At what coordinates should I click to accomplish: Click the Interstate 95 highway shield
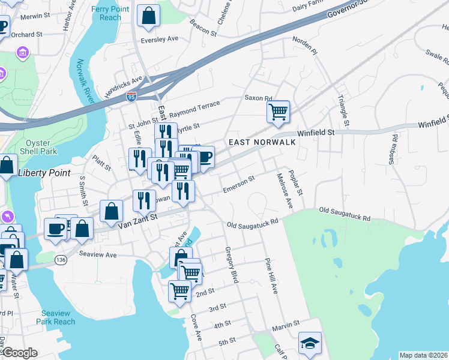[131, 95]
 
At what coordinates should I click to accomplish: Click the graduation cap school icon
[310, 343]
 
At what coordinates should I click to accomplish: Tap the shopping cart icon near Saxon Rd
[278, 112]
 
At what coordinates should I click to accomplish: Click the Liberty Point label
[44, 173]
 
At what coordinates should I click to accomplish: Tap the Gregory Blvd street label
[232, 265]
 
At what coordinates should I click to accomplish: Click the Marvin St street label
[286, 328]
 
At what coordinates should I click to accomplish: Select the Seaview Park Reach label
[58, 317]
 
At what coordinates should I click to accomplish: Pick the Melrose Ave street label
[284, 191]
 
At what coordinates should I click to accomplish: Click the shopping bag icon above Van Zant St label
[111, 211]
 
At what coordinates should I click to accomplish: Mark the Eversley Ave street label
[160, 39]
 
